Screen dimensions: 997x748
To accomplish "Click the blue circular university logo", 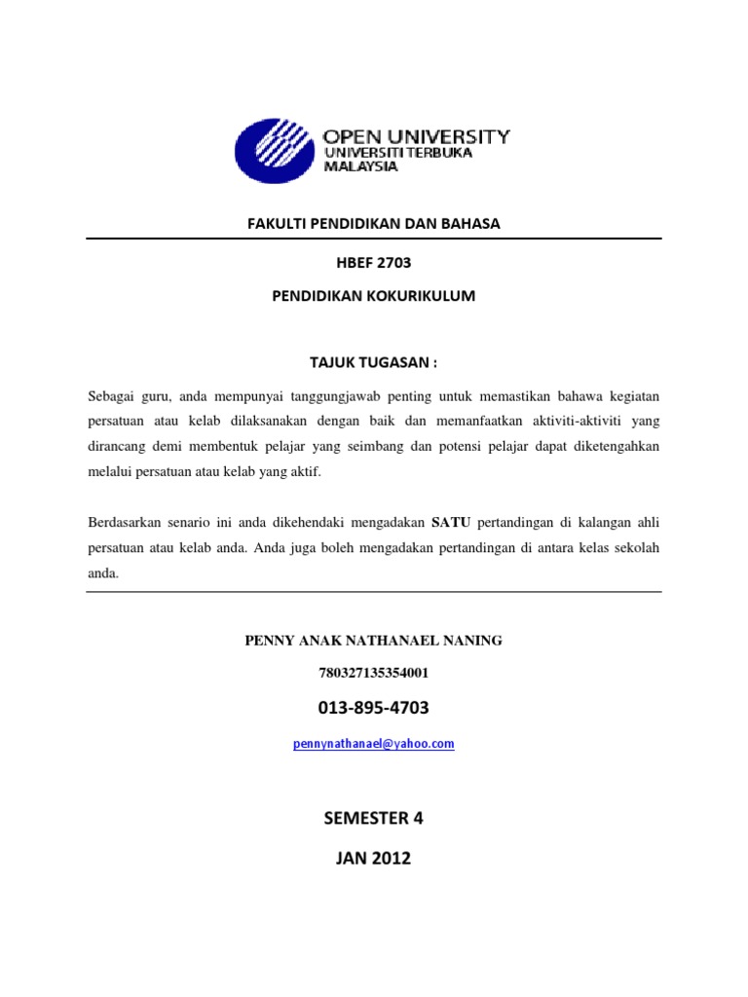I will pyautogui.click(x=275, y=151).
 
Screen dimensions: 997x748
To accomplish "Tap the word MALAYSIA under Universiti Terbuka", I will pyautogui.click(x=360, y=166).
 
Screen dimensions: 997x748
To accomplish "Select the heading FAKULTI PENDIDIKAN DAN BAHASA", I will pyautogui.click(x=374, y=223).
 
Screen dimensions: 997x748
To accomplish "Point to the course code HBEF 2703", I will pyautogui.click(x=374, y=261).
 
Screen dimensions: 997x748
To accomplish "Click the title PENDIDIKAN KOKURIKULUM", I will pyautogui.click(x=374, y=295).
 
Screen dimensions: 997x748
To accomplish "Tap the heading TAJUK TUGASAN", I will pyautogui.click(x=374, y=362).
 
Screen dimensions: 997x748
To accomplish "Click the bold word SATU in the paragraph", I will pyautogui.click(x=451, y=523).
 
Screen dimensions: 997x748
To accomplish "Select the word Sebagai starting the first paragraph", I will pyautogui.click(x=113, y=396).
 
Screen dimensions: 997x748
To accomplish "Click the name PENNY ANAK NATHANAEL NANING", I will pyautogui.click(x=374, y=640).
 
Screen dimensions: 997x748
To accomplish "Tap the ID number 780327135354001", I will pyautogui.click(x=374, y=672).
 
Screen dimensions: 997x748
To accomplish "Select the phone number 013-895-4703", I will pyautogui.click(x=374, y=707).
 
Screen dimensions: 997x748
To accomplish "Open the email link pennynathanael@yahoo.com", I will pyautogui.click(x=374, y=744).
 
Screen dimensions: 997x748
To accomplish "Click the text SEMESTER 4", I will pyautogui.click(x=374, y=818).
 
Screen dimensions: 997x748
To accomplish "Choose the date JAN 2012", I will pyautogui.click(x=374, y=858).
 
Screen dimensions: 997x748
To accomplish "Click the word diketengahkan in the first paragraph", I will pyautogui.click(x=616, y=447).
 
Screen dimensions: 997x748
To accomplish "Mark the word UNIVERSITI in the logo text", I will pyautogui.click(x=361, y=153).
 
